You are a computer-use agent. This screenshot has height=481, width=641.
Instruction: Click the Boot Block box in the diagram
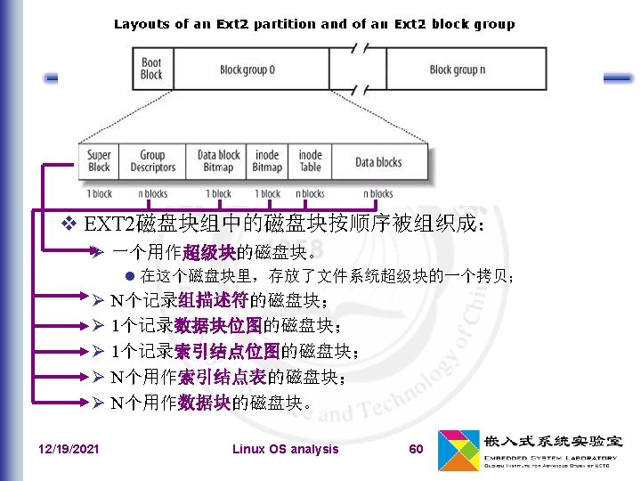click(151, 69)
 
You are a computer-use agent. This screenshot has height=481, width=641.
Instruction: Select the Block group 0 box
click(247, 69)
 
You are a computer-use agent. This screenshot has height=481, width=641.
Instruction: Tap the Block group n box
click(458, 69)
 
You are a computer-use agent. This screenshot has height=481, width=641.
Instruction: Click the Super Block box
click(99, 161)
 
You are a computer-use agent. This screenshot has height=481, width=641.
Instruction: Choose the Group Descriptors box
click(152, 161)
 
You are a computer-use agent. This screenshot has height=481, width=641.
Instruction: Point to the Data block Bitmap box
click(218, 161)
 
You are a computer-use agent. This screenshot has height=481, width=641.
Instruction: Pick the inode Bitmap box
click(267, 161)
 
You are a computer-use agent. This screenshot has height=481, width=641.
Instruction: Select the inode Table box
click(310, 161)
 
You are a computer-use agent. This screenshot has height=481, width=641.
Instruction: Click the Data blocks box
click(378, 162)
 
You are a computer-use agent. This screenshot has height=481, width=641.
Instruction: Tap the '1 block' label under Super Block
click(99, 193)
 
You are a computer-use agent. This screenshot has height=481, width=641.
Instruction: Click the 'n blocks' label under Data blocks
click(378, 193)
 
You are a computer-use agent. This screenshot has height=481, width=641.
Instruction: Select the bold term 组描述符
click(213, 299)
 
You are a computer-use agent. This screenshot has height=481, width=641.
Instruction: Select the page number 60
click(416, 449)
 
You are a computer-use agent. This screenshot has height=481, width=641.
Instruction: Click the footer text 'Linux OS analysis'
click(285, 449)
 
